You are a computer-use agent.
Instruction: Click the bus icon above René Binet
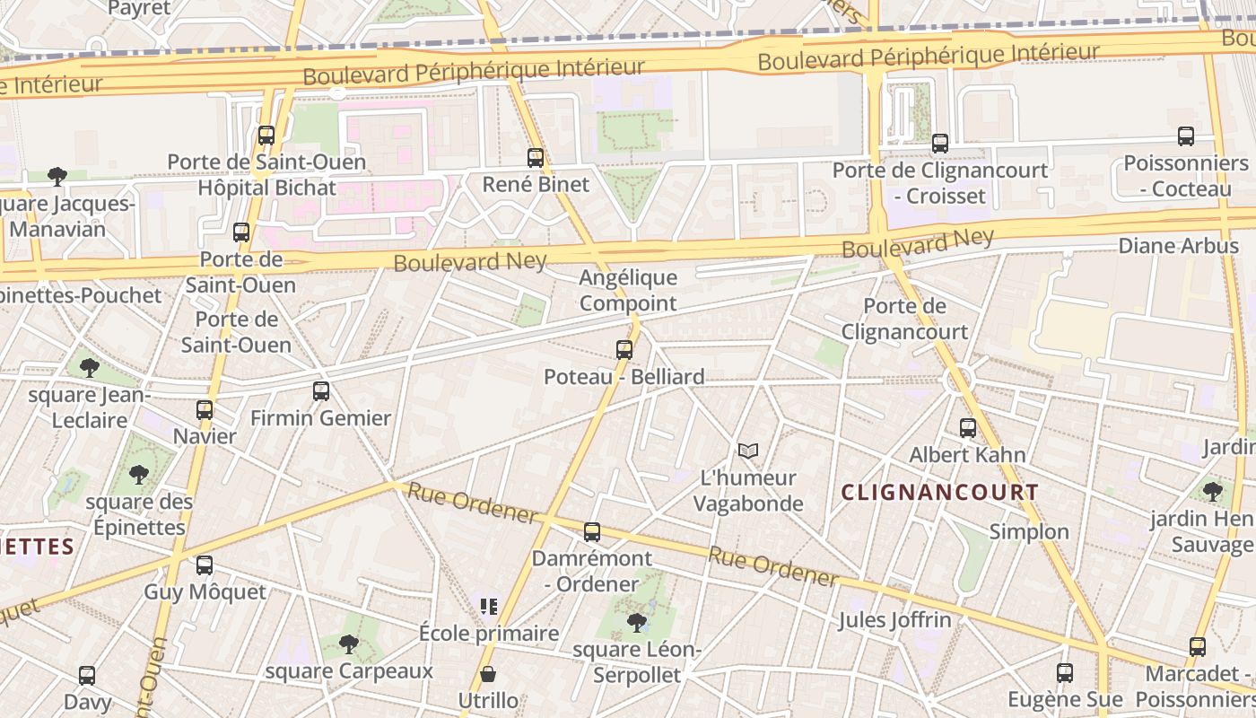pyautogui.click(x=536, y=158)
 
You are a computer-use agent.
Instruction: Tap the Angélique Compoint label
pyautogui.click(x=628, y=290)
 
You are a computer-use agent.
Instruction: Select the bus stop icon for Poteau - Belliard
pyautogui.click(x=624, y=350)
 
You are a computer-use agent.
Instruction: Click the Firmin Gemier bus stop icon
pyautogui.click(x=321, y=391)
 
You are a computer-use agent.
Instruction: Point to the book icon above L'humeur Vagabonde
pyautogui.click(x=748, y=451)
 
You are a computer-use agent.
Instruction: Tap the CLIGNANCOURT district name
pyautogui.click(x=940, y=492)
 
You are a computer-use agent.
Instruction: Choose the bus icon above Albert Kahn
pyautogui.click(x=968, y=428)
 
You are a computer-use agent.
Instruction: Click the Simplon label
pyautogui.click(x=1029, y=531)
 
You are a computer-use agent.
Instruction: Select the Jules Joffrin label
pyautogui.click(x=894, y=619)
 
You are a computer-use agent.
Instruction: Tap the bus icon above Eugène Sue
pyautogui.click(x=1065, y=672)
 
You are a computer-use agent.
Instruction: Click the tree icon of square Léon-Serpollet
pyautogui.click(x=637, y=622)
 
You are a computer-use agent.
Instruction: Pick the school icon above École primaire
pyautogui.click(x=488, y=607)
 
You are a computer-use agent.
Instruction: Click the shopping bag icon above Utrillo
pyautogui.click(x=488, y=673)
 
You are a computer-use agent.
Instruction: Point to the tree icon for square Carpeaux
pyautogui.click(x=349, y=644)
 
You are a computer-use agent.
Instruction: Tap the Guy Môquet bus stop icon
pyautogui.click(x=205, y=565)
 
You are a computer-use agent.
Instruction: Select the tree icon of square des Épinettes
pyautogui.click(x=138, y=474)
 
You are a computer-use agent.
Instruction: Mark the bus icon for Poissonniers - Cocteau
pyautogui.click(x=1186, y=136)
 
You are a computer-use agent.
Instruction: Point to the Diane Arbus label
pyautogui.click(x=1178, y=245)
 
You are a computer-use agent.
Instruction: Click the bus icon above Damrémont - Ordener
pyautogui.click(x=591, y=532)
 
